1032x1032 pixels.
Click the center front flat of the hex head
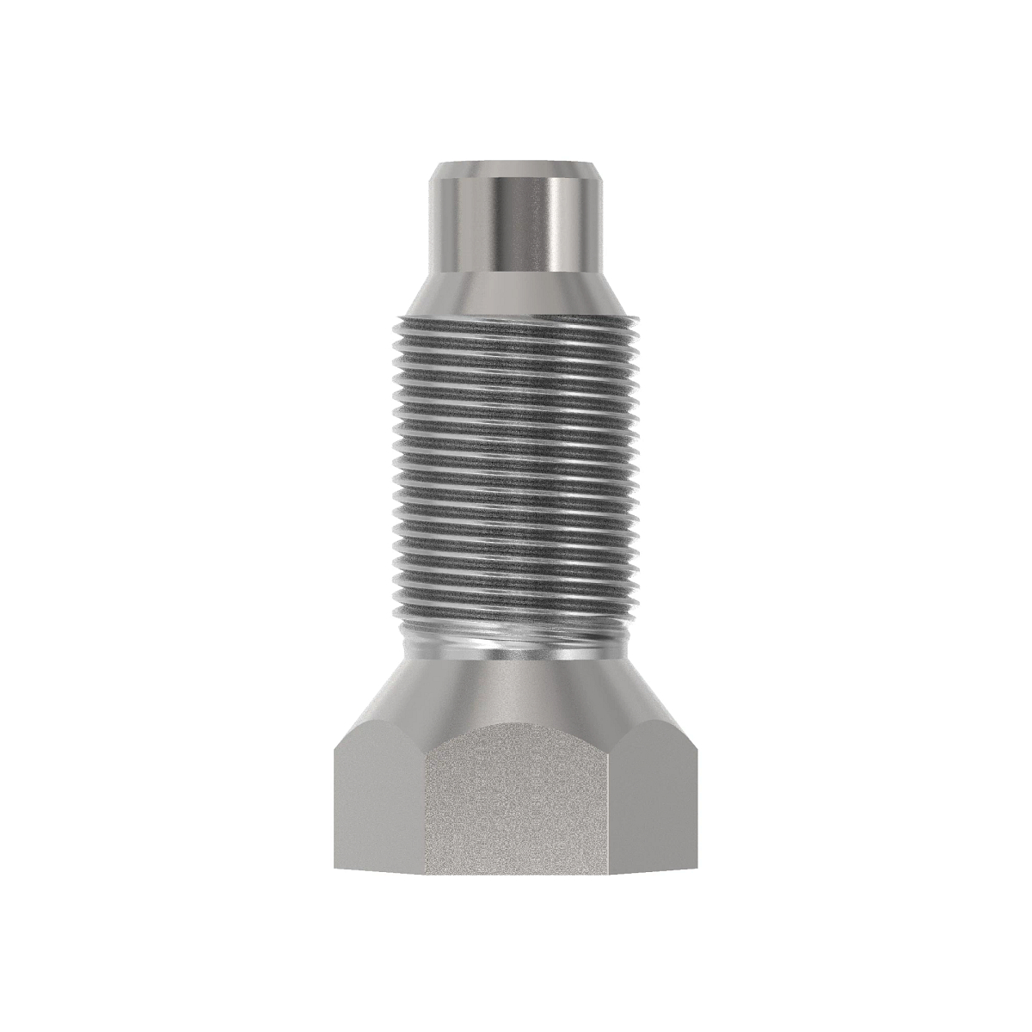pos(517,800)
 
